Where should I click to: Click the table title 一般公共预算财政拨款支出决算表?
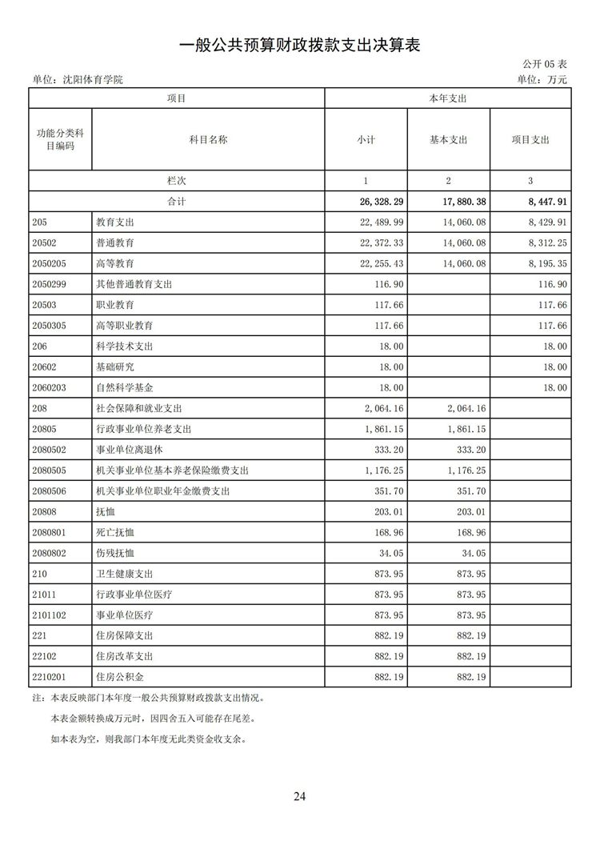click(x=299, y=46)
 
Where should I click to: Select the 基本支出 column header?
click(x=448, y=139)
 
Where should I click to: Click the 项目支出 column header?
click(x=530, y=139)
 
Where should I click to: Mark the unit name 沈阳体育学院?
click(x=93, y=79)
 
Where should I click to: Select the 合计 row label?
click(x=176, y=202)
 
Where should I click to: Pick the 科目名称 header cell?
click(x=208, y=139)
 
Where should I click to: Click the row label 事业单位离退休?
click(x=129, y=450)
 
